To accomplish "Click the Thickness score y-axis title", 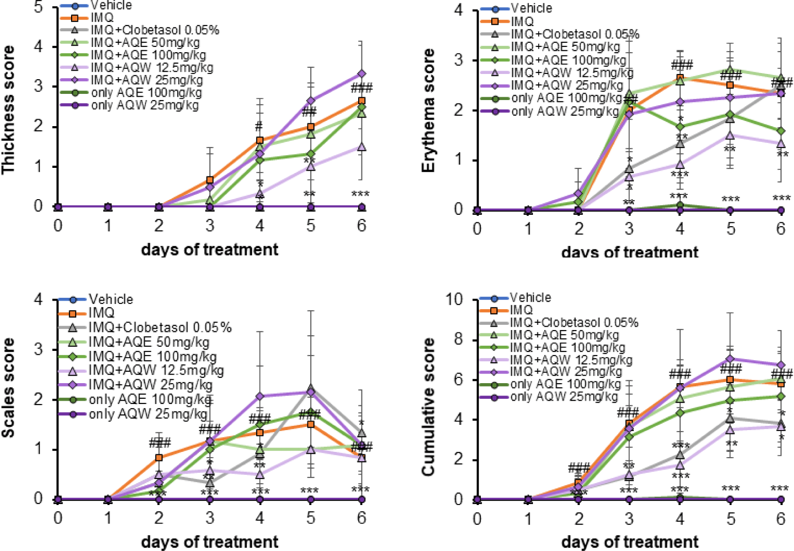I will coord(8,110).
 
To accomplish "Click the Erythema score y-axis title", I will coord(428,110).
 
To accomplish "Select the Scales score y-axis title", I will coord(8,387).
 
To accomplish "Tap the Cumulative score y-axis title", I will coord(428,406).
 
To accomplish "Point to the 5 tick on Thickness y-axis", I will coord(38,7).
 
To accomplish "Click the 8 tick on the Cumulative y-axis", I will coord(458,340).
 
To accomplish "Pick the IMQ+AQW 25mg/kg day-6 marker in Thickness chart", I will coord(361,74).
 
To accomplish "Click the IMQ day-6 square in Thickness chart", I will coord(361,101).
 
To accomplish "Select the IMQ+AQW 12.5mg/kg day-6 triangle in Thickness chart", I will coord(361,147).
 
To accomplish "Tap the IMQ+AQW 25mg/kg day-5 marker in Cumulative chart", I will coord(730,359).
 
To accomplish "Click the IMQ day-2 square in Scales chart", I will coord(159,458).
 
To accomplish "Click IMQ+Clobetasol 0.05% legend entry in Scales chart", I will coord(160,327).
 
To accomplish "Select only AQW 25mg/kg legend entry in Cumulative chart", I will coord(564,396).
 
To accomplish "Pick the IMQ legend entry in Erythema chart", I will coord(522,21).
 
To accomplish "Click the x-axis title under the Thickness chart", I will coord(209,249).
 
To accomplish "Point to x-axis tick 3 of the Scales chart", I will coord(209,517).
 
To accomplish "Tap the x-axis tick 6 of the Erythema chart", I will coord(781,229).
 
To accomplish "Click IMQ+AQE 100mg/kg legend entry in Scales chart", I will coord(152,356).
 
